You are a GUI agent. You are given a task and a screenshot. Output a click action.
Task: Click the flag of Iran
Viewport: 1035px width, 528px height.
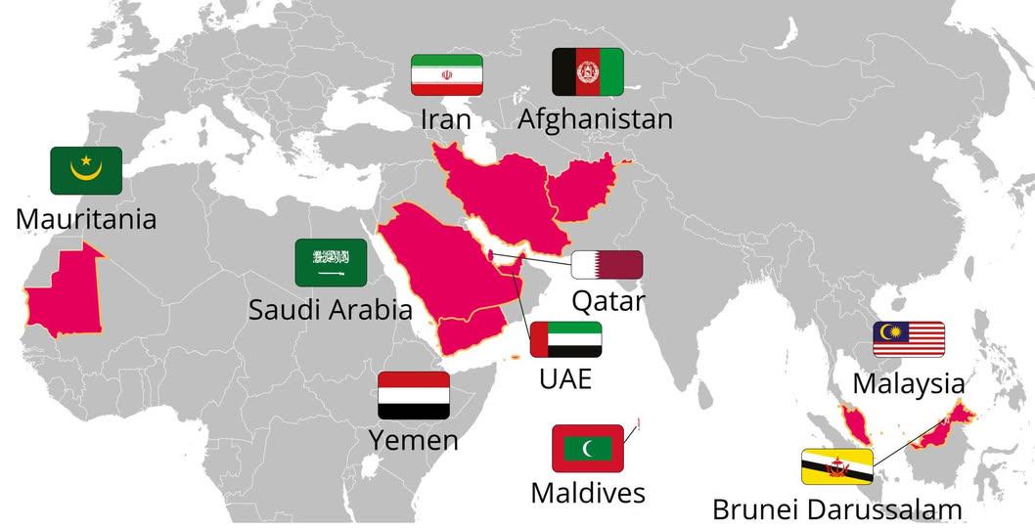tap(446, 75)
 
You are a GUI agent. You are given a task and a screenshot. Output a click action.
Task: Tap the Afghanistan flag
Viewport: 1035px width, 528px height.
tap(588, 71)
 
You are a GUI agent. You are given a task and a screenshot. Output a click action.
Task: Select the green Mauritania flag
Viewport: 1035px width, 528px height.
tap(86, 170)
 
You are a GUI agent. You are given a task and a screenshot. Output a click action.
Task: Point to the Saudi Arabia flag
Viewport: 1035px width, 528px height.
tap(331, 262)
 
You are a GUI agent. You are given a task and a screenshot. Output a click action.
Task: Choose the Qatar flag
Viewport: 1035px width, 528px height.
tap(607, 265)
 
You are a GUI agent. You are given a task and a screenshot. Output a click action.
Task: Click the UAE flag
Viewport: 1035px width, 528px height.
tap(565, 339)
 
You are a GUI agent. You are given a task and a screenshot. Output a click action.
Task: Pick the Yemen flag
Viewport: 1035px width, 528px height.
tap(414, 395)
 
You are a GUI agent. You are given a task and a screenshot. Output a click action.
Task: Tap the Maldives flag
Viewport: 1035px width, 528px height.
tap(588, 448)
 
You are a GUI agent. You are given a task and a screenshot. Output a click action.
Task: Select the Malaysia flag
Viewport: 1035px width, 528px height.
tap(909, 339)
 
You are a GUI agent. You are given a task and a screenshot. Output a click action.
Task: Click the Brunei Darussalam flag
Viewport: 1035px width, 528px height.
tap(837, 467)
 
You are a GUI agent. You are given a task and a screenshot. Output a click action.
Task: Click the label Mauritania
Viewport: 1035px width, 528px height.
tap(86, 217)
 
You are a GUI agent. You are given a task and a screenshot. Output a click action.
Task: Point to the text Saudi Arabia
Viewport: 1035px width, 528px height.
tap(330, 310)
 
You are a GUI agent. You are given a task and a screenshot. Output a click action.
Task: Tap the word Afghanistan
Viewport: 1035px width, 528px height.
tap(595, 119)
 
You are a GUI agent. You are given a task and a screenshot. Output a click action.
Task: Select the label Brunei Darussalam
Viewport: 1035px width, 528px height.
tap(836, 509)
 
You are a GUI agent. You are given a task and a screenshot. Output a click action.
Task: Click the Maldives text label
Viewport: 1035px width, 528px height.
tap(588, 493)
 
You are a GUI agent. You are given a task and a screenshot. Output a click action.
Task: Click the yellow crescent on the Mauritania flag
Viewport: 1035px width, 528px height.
tap(86, 175)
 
